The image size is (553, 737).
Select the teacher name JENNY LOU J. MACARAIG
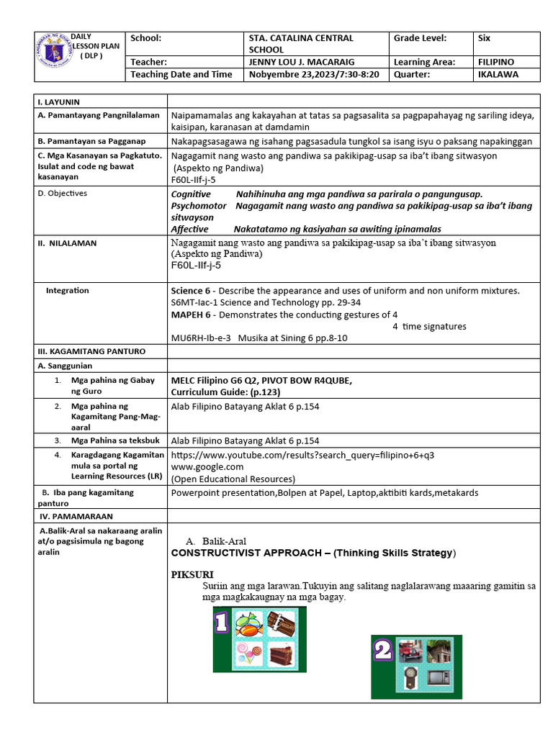click(x=298, y=62)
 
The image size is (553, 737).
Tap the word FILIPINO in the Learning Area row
click(x=495, y=62)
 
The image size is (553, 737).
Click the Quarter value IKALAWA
click(x=498, y=74)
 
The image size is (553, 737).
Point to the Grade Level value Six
click(x=484, y=38)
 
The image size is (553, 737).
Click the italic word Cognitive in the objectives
click(x=191, y=194)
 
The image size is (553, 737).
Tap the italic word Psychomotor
click(x=199, y=206)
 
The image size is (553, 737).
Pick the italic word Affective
click(x=189, y=229)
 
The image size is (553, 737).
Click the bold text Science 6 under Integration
click(x=192, y=291)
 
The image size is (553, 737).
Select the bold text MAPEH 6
click(x=193, y=315)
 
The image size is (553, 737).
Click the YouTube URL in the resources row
click(x=302, y=455)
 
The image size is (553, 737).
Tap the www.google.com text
click(x=207, y=466)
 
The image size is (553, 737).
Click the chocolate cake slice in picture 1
click(x=282, y=655)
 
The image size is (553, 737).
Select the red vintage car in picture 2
click(x=410, y=650)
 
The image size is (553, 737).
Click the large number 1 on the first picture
click(x=221, y=623)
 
